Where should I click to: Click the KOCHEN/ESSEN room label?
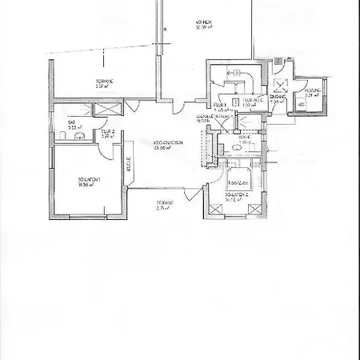coord(167,144)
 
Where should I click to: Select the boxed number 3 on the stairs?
coord(238,72)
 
